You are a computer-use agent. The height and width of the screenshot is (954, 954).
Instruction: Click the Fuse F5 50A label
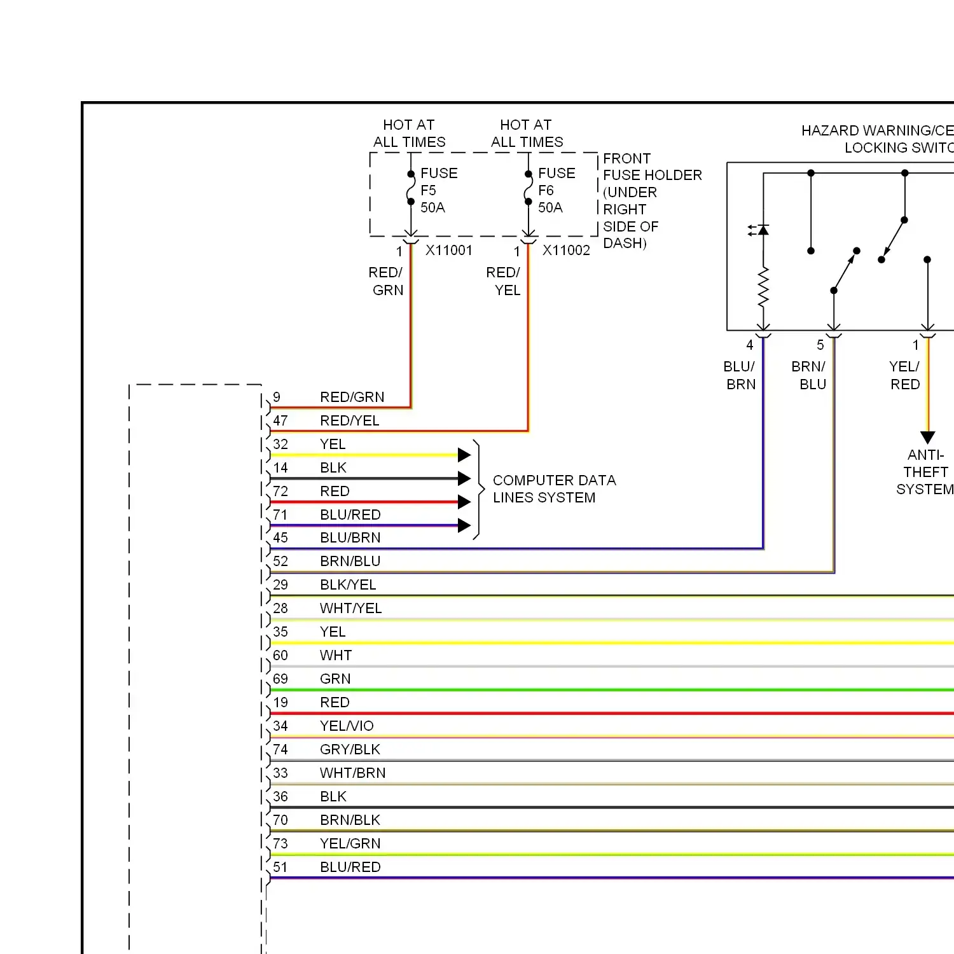coord(439,190)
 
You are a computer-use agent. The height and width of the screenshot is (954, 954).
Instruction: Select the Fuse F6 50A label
coord(556,190)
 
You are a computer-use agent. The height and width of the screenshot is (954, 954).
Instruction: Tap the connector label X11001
coord(449,251)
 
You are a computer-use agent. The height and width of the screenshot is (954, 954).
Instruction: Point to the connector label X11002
coord(566,251)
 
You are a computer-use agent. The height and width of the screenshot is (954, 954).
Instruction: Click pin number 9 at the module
coord(277,397)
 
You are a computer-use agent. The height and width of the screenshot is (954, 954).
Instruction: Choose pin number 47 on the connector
coord(280,420)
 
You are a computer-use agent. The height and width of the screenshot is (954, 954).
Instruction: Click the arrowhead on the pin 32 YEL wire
coord(464,455)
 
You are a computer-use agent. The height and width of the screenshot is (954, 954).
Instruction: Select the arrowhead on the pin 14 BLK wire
coord(464,478)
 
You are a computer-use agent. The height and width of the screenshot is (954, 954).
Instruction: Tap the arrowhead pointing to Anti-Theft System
coord(928,438)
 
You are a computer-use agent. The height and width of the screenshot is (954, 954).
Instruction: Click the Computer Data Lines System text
coord(555,489)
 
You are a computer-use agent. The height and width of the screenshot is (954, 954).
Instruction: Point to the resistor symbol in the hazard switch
coord(763,287)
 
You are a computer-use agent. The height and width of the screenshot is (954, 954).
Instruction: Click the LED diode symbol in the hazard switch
coord(761,230)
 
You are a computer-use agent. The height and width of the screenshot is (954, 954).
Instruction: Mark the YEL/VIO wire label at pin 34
coord(347,726)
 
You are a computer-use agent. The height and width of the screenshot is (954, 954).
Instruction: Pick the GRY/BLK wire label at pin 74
coord(350,749)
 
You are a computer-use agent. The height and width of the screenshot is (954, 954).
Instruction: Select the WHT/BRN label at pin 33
coord(353,773)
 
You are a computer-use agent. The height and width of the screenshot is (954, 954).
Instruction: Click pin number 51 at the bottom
coord(280,867)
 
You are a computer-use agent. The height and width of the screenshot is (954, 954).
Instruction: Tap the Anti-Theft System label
coord(925,472)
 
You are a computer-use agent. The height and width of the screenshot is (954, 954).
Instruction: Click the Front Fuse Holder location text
coord(653,201)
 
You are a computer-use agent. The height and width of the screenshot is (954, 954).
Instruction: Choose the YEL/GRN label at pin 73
coord(350,843)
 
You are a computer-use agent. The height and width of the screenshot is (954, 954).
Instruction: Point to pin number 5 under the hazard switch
coord(820,345)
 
